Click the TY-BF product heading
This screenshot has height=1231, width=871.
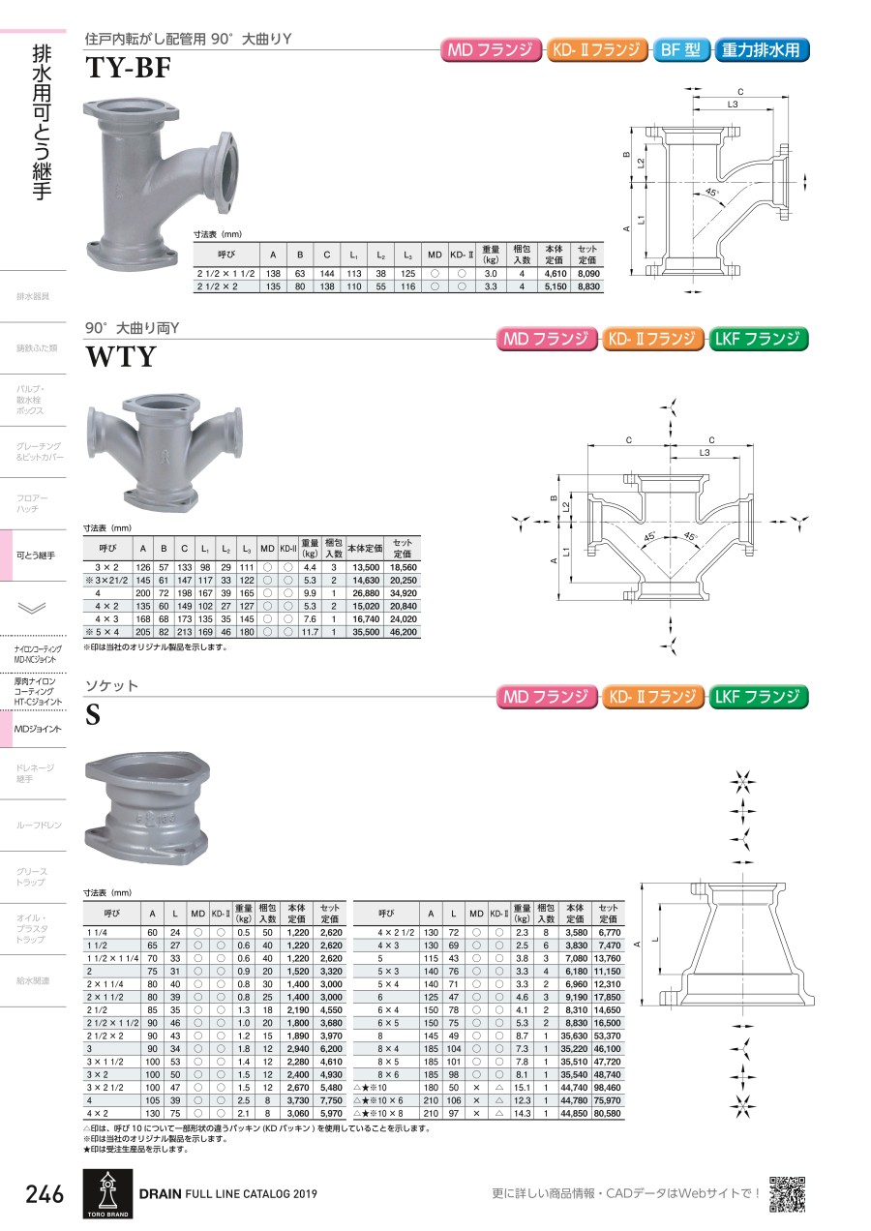128,68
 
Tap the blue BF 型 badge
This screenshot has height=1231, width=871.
680,50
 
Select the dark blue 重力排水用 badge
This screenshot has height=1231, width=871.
761,50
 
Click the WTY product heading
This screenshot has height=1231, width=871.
121,356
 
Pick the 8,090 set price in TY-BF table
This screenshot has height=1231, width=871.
588,273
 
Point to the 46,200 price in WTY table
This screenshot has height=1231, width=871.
403,632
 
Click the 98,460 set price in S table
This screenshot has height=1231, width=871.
607,1088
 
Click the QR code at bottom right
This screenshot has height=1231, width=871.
787,1193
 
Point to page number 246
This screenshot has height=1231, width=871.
45,1194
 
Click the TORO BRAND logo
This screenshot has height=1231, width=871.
107,1193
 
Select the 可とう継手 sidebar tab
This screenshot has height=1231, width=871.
35,555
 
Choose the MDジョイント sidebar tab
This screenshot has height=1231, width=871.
38,729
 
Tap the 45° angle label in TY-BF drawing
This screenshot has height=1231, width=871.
711,193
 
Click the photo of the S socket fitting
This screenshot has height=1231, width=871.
147,808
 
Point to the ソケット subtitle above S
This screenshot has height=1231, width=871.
111,685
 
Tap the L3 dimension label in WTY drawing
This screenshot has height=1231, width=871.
705,452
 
